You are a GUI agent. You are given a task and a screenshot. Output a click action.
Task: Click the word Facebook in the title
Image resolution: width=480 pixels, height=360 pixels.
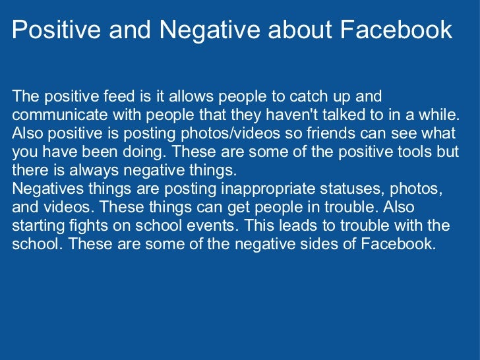[397, 30]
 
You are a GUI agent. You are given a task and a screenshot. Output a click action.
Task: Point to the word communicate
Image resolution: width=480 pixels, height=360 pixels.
[52, 115]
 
